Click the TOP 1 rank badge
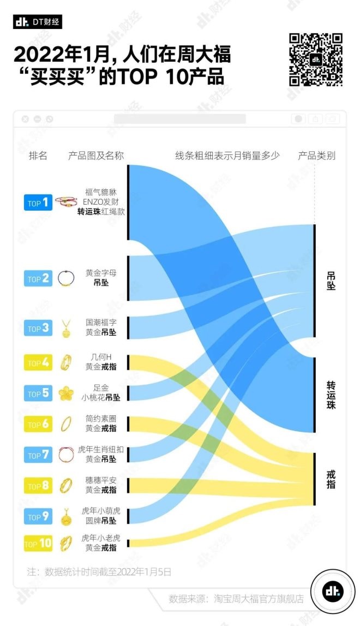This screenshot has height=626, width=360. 38,202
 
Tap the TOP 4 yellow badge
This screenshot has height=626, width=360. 38,362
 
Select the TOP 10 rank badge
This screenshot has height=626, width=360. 38,543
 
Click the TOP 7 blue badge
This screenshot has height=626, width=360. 38,455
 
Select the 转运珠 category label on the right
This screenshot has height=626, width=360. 331,395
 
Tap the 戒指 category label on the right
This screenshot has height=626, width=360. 331,478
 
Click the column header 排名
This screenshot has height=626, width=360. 38,156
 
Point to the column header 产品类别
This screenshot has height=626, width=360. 316,156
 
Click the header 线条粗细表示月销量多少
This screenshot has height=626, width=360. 227,156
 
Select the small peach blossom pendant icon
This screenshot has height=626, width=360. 66,393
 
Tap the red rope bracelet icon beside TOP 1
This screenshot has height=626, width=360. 66,202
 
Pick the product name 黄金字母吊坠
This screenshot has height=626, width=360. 101,278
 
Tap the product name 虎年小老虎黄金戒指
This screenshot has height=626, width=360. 101,542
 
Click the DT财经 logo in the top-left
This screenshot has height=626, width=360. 37,22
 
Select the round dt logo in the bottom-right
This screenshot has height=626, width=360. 329,591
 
